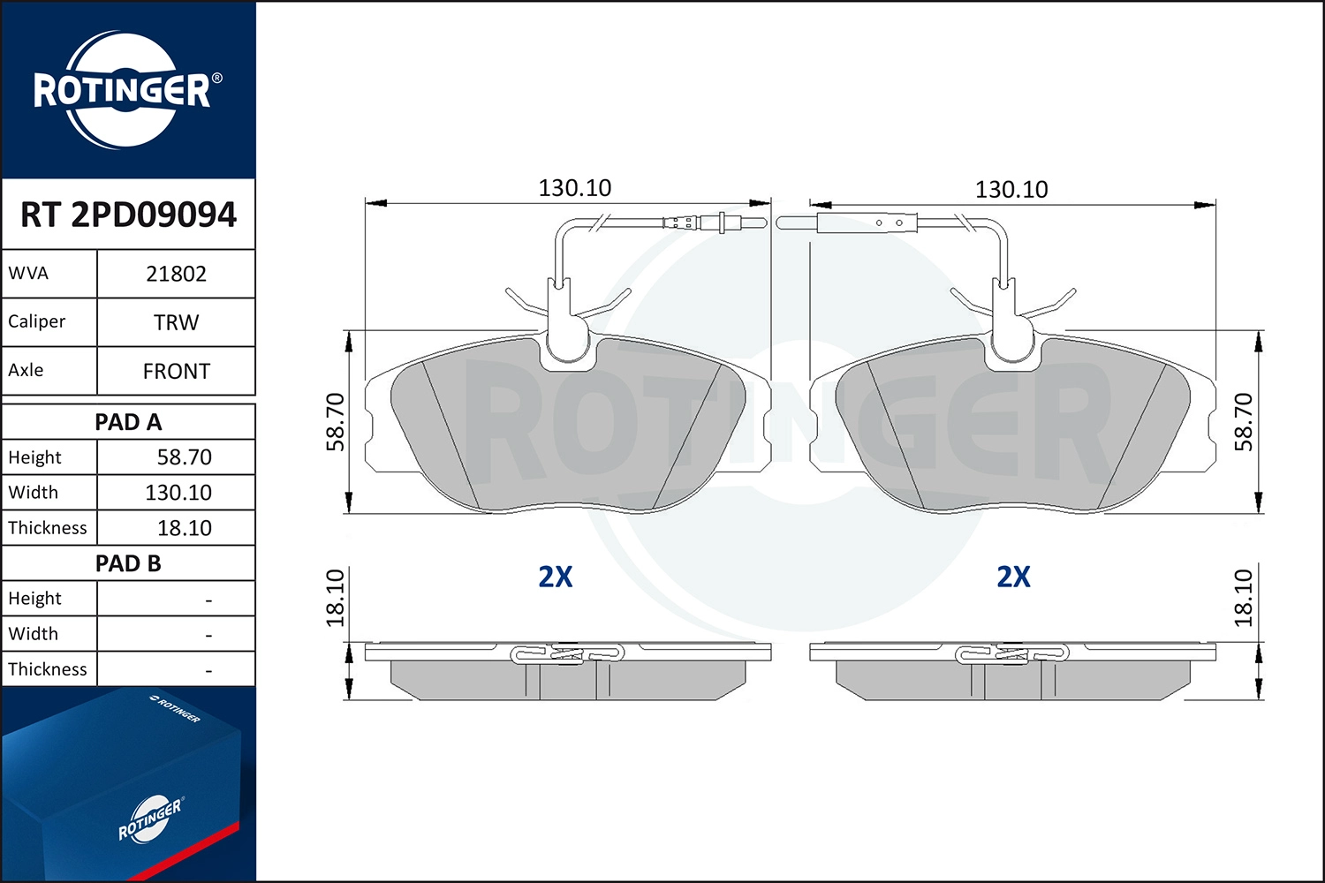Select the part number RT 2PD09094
click(x=128, y=215)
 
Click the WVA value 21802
click(x=176, y=274)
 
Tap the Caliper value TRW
click(x=176, y=322)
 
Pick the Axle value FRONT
click(x=176, y=371)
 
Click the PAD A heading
click(x=128, y=422)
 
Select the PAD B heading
click(x=128, y=563)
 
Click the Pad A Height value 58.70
click(x=184, y=457)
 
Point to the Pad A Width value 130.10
click(x=178, y=493)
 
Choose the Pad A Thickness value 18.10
click(x=184, y=528)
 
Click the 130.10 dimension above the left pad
click(x=574, y=188)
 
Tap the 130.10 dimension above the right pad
click(x=1011, y=189)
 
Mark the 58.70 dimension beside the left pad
click(x=336, y=422)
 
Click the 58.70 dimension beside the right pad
click(x=1244, y=422)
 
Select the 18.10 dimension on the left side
click(x=336, y=598)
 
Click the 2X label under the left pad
click(x=556, y=577)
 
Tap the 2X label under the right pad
click(x=1013, y=577)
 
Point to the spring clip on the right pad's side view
click(x=1012, y=654)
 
